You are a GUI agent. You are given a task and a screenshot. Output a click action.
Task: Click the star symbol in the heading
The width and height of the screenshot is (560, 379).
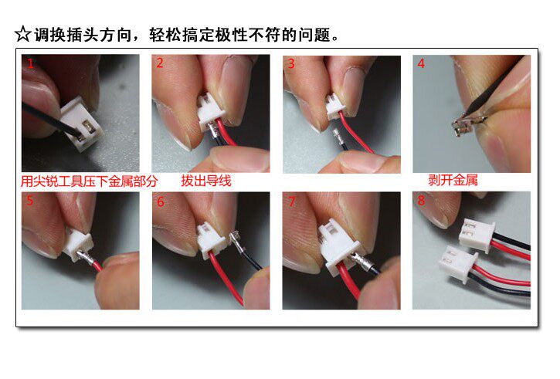(23, 36)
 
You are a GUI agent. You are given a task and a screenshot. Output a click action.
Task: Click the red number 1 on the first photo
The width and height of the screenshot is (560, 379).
(30, 64)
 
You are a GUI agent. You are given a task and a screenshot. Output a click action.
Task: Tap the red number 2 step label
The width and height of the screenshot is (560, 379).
(160, 64)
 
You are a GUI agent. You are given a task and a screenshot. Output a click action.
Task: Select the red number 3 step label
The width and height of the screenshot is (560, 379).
(291, 64)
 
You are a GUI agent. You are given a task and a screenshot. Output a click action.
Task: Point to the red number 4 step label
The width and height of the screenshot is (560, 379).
(421, 64)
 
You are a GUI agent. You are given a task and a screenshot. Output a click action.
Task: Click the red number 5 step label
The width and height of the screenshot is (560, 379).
(30, 202)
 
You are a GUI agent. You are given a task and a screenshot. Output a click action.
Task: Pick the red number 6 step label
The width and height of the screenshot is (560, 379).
(161, 202)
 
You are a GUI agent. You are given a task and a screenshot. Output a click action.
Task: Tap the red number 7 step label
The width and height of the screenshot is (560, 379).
(291, 202)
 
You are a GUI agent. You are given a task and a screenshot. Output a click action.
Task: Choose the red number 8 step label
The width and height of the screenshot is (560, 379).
(421, 202)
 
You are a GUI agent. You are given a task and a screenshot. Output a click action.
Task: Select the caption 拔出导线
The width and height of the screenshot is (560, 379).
(206, 182)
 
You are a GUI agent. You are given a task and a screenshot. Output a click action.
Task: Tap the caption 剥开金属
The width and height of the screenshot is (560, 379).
(453, 181)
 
